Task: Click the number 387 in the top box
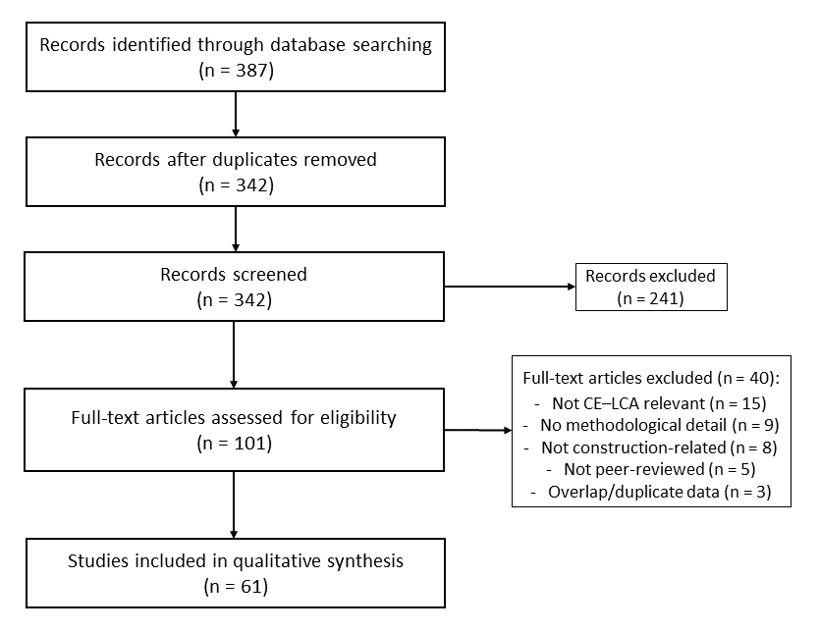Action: [x=251, y=71]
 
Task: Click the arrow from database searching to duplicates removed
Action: [x=236, y=114]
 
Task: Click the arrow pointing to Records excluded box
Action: [x=510, y=287]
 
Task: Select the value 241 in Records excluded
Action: [x=665, y=298]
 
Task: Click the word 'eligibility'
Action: [x=358, y=418]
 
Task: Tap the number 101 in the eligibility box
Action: [x=249, y=444]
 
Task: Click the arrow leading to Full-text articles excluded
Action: [x=477, y=431]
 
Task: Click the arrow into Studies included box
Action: [x=234, y=504]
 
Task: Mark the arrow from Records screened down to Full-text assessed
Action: [x=234, y=354]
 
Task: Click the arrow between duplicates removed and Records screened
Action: [x=236, y=229]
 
